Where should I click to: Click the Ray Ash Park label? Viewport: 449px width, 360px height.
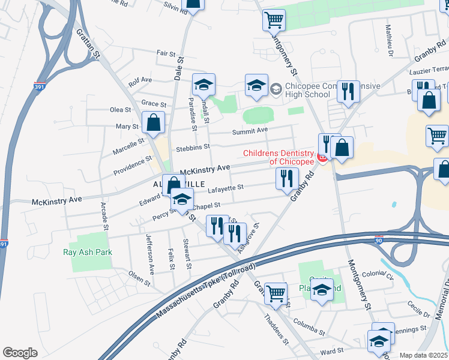[88, 252]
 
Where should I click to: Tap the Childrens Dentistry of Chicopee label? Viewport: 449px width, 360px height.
[279, 157]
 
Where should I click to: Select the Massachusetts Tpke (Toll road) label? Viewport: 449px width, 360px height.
[206, 290]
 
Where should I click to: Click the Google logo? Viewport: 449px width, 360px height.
[20, 352]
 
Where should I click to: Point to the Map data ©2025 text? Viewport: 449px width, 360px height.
[423, 355]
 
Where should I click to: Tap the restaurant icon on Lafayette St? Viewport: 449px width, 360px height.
[287, 178]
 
